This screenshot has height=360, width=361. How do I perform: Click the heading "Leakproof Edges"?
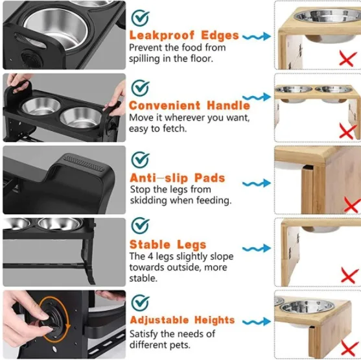184,36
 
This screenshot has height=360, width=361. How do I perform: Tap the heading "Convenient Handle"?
189,106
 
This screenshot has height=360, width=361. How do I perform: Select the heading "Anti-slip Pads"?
178,178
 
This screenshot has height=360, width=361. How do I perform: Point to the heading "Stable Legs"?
168,245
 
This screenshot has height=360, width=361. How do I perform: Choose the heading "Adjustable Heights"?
182,320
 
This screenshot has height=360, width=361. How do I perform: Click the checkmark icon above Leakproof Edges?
140,18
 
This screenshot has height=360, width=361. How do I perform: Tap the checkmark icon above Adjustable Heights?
140,302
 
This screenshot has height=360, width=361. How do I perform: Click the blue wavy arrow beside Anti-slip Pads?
257,184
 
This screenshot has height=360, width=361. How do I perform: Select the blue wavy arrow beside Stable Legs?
257,248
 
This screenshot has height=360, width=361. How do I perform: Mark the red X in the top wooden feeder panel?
348,59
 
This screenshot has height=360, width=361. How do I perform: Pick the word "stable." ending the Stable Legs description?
143,278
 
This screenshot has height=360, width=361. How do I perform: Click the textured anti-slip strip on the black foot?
84,163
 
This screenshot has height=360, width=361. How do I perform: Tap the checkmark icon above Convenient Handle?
140,88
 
